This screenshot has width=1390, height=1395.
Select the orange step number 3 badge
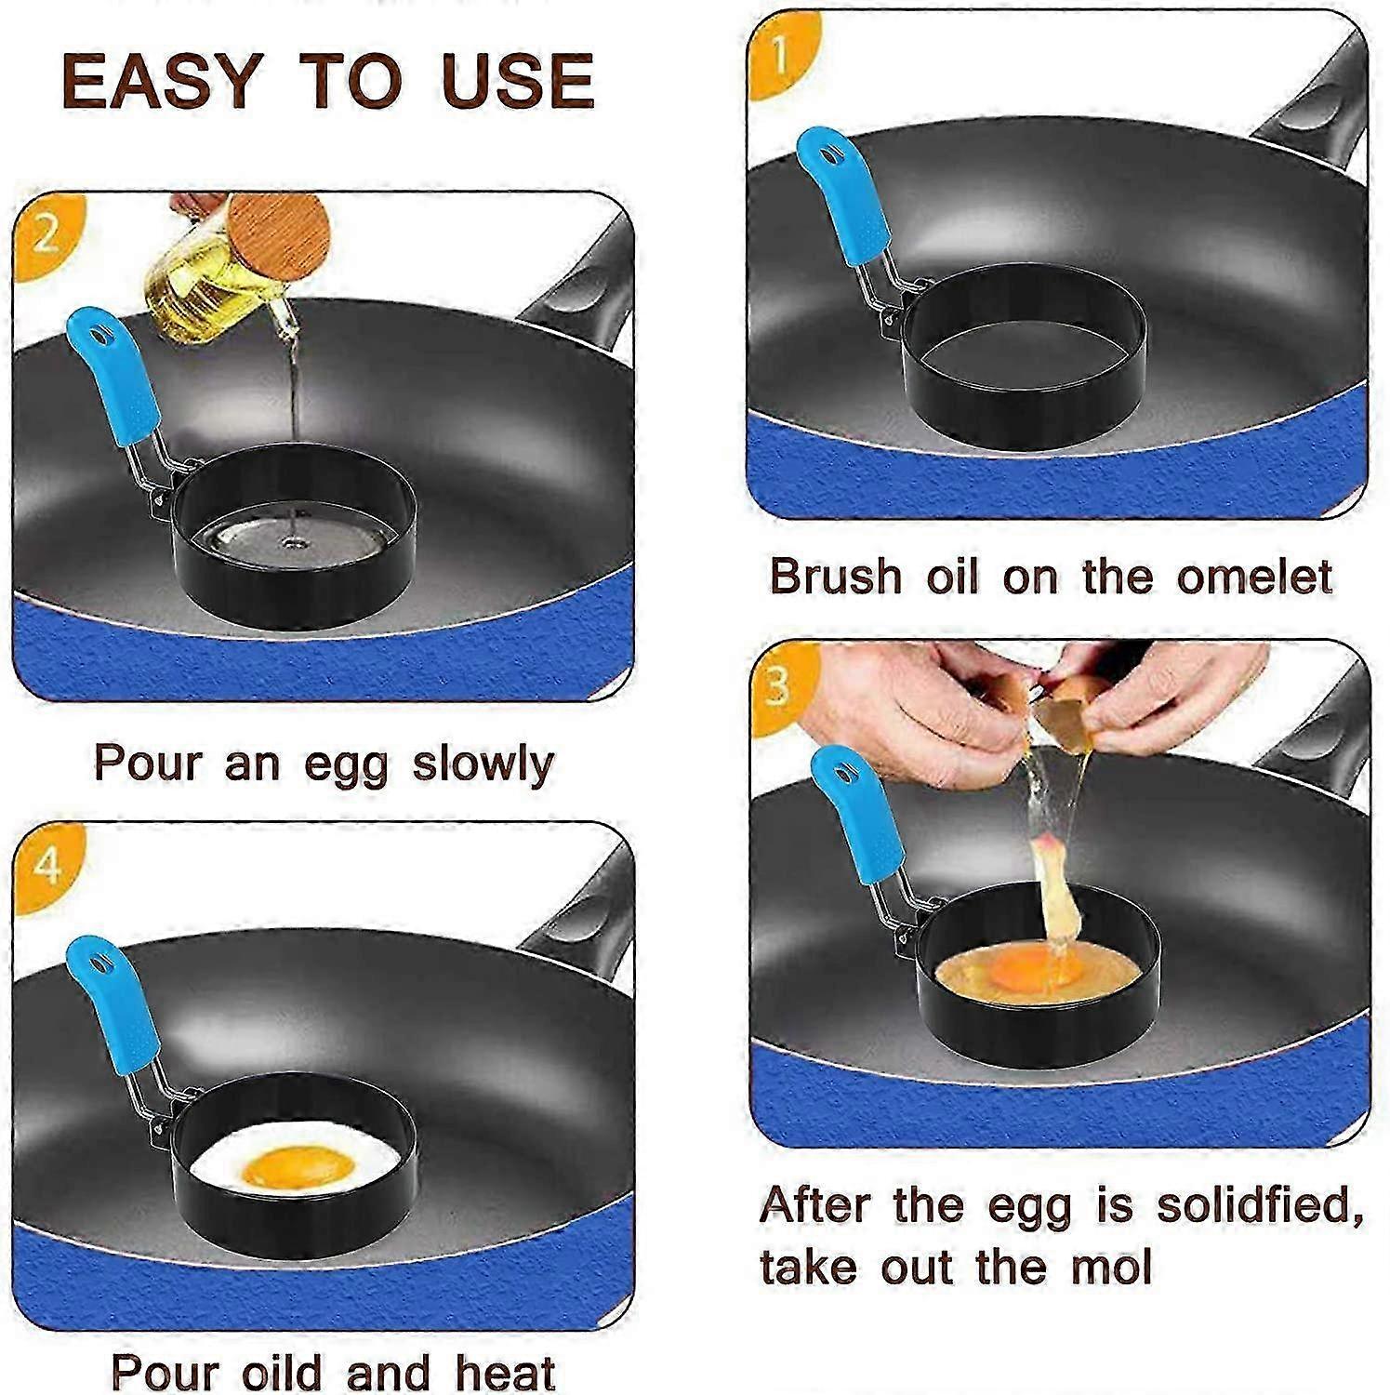point(777,686)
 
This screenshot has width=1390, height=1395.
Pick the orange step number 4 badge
point(46,865)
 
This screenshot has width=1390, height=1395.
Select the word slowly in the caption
point(483,764)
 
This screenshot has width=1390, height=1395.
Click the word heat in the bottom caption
point(507,1373)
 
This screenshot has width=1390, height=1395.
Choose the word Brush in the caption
point(835,577)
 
